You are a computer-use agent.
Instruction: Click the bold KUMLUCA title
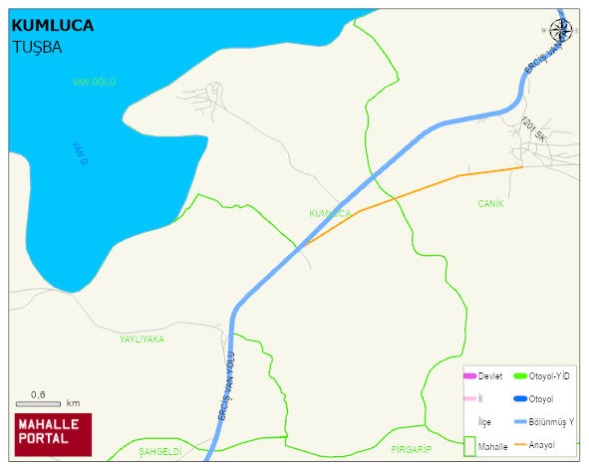pos(52,26)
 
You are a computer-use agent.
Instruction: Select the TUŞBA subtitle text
pos(37,47)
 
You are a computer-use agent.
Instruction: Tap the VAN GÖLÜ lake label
pos(94,82)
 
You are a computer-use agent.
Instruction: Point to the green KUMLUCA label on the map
pos(330,213)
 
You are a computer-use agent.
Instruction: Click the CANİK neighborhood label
pos(490,203)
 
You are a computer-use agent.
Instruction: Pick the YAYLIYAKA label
pos(142,339)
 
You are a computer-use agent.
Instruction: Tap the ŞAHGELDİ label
pos(159,451)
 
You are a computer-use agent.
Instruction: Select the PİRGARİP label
pos(411,449)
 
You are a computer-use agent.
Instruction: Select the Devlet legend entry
pos(482,375)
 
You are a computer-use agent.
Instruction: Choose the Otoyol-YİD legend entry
pos(540,375)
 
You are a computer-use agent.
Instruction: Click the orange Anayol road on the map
pos(419,189)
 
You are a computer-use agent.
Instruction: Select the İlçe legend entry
pos(485,421)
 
